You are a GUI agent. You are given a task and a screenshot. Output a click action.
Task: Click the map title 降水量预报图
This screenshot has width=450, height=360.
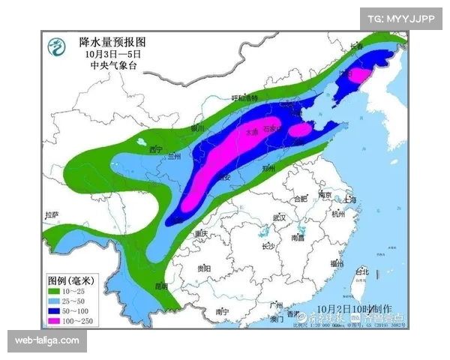point(112,43)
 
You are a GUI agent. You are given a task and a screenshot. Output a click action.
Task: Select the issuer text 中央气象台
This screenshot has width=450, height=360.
point(110,65)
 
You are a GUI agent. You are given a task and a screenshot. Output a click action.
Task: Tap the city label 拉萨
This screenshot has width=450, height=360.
point(51,214)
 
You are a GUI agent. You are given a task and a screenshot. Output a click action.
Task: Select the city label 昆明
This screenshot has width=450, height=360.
point(161,286)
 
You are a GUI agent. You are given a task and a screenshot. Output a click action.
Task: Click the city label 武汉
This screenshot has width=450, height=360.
point(280,217)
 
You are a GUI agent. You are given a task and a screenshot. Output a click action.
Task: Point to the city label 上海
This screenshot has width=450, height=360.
point(349,199)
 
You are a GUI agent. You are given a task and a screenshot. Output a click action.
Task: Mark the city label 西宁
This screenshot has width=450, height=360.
point(156,148)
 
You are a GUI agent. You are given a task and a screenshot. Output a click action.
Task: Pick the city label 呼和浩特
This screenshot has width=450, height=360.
point(244,98)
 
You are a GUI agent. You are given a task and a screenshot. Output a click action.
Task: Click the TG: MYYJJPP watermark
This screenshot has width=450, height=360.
point(401,18)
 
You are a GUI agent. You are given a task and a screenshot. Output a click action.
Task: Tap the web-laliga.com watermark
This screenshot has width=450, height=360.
point(47,341)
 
